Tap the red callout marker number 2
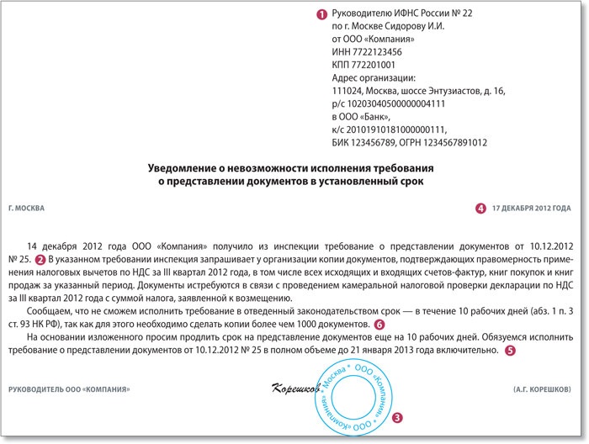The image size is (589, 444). tap(40, 259)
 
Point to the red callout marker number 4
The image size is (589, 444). tap(480, 207)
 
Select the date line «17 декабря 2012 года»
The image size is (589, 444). tap(530, 207)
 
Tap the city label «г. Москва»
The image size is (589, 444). tap(26, 207)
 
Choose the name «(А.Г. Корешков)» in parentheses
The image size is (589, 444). tap(542, 388)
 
